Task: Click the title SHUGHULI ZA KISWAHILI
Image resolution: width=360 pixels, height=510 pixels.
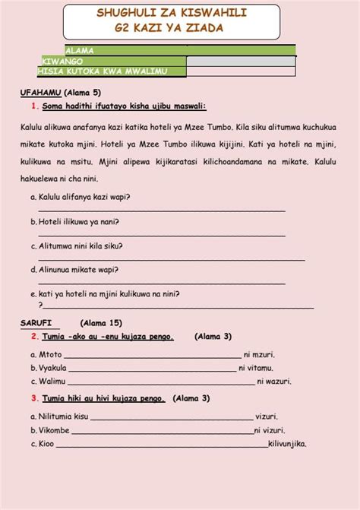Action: tap(182, 14)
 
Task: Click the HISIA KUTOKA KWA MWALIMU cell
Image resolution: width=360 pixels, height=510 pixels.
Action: tap(112, 71)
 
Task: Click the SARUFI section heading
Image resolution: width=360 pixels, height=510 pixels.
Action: tap(36, 323)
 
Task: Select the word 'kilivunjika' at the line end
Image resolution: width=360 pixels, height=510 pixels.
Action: tap(287, 444)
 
